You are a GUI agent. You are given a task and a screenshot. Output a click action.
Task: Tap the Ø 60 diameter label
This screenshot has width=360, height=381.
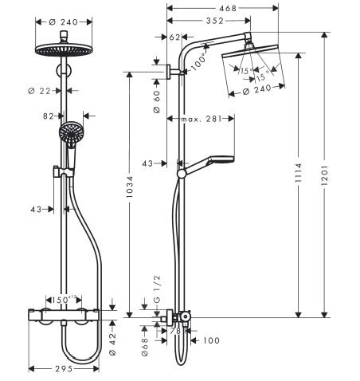(157, 102)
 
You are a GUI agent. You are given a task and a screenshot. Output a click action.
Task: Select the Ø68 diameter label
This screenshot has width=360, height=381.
(146, 344)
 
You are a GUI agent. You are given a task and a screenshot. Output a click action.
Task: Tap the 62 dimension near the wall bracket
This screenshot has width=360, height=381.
(176, 37)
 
